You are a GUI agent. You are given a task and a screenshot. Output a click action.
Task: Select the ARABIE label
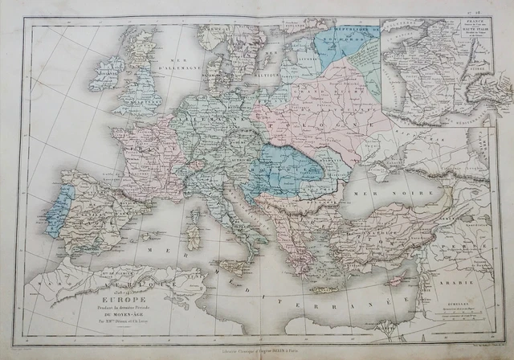pos(470,282)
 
